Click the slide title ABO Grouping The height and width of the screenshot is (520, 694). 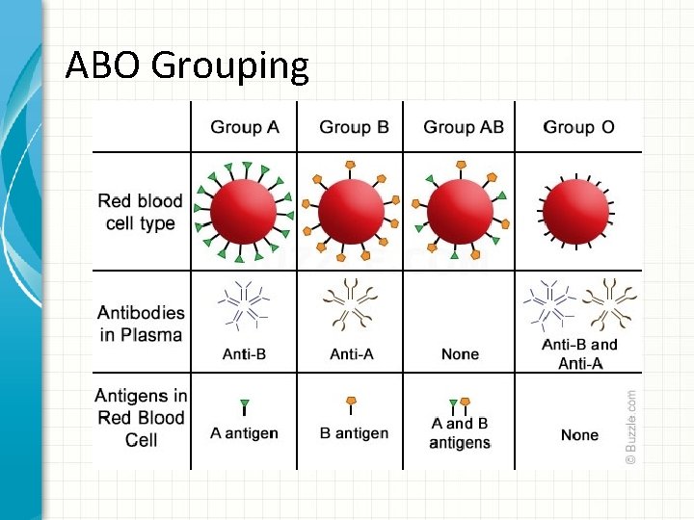tap(187, 65)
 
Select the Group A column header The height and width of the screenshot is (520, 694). tap(244, 127)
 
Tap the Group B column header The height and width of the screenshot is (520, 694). tap(354, 127)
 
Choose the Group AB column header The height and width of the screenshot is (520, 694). tap(464, 127)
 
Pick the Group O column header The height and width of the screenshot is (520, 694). tap(579, 127)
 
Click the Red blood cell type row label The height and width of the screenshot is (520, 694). tap(141, 212)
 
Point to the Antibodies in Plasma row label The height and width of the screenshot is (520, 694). tap(141, 324)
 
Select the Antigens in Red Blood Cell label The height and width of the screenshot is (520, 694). tap(141, 417)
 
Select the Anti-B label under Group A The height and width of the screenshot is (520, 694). tap(244, 354)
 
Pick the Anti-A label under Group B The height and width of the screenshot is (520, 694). tap(352, 354)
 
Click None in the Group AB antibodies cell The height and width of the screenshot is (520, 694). tap(460, 354)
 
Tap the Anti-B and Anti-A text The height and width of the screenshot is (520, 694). tap(579, 353)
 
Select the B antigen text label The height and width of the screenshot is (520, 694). tap(354, 433)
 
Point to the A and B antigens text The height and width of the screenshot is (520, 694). tap(460, 432)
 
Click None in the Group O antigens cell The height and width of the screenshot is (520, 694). tap(579, 435)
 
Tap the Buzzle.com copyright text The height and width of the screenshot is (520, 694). tap(631, 427)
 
